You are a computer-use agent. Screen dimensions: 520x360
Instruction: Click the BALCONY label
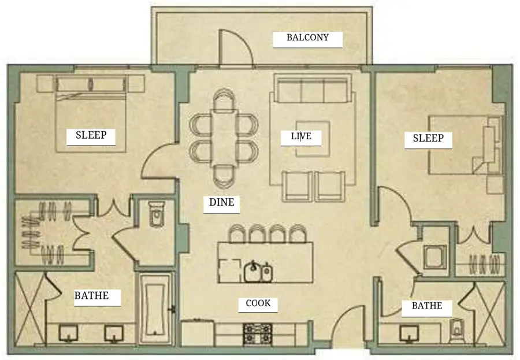pyautogui.click(x=307, y=37)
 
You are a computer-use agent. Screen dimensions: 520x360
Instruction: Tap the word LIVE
pyautogui.click(x=301, y=136)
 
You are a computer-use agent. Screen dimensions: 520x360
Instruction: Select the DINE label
pyautogui.click(x=221, y=202)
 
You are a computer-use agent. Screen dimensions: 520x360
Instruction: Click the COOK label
pyautogui.click(x=258, y=303)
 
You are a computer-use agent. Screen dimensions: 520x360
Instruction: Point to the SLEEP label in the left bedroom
pyautogui.click(x=91, y=135)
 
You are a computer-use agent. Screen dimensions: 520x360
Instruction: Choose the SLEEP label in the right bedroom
pyautogui.click(x=428, y=138)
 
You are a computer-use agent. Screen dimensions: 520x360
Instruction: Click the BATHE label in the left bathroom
pyautogui.click(x=91, y=295)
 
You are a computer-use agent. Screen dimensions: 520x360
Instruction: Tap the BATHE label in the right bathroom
pyautogui.click(x=427, y=305)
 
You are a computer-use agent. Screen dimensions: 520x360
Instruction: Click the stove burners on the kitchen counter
pyautogui.click(x=258, y=333)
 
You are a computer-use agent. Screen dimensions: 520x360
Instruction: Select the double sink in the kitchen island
pyautogui.click(x=258, y=271)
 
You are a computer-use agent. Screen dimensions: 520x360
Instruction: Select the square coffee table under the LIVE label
pyautogui.click(x=313, y=139)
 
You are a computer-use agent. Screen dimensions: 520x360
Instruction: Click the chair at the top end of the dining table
pyautogui.click(x=224, y=99)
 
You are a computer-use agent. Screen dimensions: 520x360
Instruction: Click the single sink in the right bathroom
pyautogui.click(x=408, y=333)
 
